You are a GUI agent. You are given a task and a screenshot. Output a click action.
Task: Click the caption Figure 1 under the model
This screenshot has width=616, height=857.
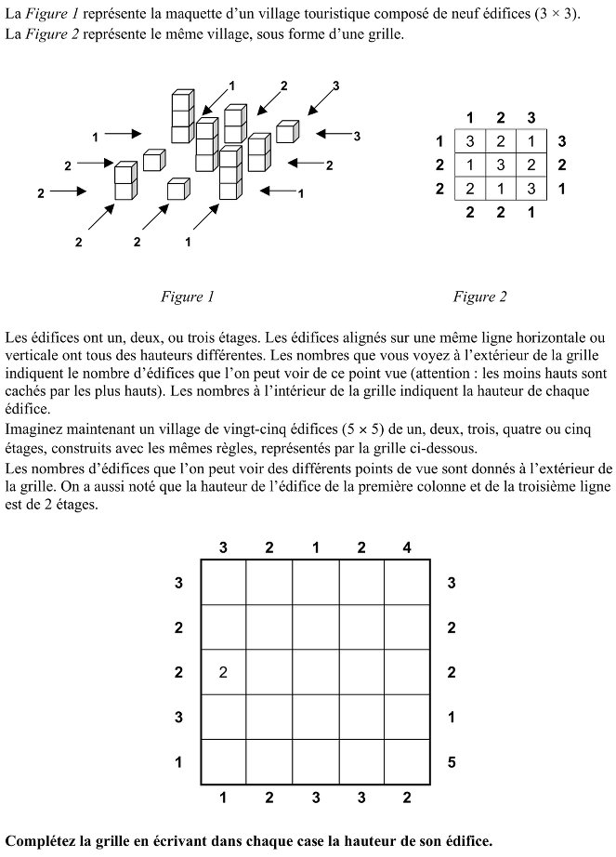point(187,297)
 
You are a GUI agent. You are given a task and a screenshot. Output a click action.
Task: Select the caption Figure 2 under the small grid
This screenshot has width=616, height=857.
point(479,297)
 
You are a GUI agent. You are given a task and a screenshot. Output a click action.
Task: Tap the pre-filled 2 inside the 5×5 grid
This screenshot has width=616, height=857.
point(223,672)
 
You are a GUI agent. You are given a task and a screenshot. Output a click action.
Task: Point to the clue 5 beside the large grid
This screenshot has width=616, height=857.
point(452,763)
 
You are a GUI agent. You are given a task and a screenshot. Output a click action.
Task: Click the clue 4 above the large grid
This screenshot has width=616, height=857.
point(407,547)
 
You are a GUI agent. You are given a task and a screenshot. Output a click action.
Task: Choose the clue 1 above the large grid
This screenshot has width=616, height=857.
point(315,547)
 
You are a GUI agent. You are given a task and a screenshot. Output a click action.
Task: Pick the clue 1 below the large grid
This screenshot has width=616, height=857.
point(223,797)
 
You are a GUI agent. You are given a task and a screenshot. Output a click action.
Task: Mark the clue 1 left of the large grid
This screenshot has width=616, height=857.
point(179,763)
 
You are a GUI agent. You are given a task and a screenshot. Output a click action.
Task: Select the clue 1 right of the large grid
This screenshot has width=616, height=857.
point(452,718)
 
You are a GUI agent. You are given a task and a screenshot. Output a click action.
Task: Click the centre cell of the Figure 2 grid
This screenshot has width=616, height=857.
point(501,165)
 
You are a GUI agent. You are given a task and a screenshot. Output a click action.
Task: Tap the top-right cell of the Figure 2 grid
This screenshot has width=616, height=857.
point(531,142)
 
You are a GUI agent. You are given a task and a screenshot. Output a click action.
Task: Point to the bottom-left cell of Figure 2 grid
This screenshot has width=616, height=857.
point(470,189)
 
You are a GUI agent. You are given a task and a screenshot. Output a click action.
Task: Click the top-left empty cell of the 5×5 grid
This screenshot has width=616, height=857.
point(223,582)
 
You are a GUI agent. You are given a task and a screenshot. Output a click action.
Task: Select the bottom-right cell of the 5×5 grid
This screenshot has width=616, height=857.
point(407,763)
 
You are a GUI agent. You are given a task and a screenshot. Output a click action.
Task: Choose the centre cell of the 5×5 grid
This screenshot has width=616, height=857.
point(315,672)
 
